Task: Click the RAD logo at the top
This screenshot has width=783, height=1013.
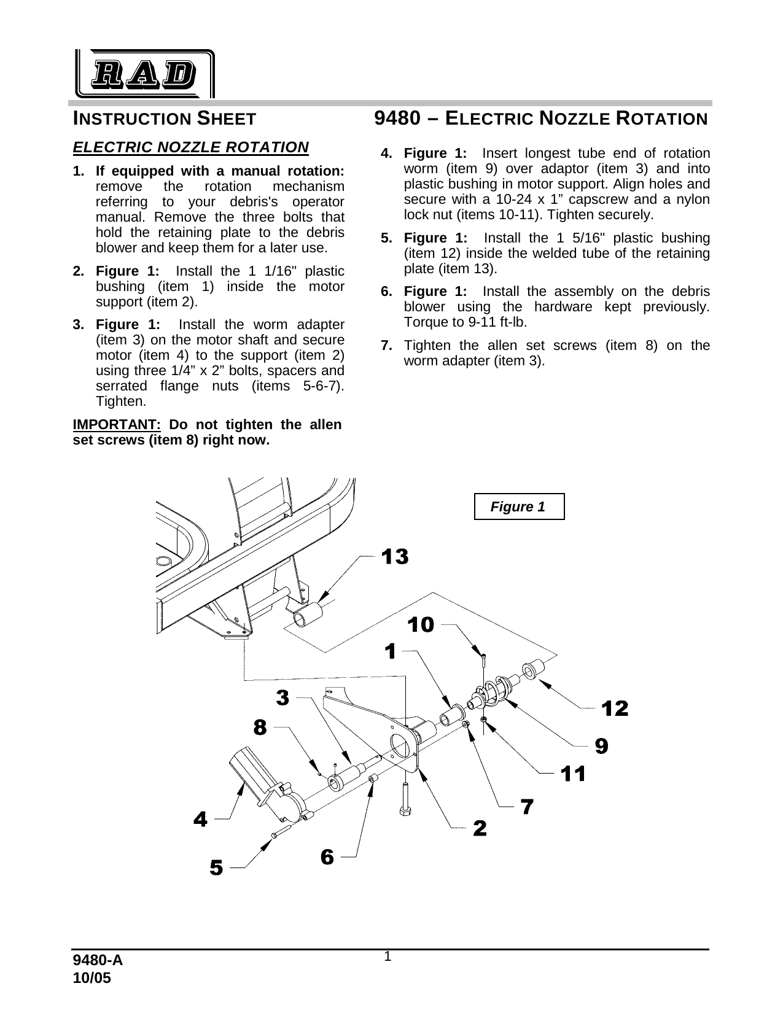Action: (x=145, y=74)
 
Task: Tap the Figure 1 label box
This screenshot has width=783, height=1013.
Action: (x=519, y=506)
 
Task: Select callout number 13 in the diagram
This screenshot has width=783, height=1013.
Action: (x=395, y=557)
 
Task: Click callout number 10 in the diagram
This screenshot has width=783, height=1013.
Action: (x=422, y=625)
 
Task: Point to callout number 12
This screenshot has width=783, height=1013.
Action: (x=615, y=708)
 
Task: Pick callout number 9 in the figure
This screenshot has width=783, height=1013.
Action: (x=601, y=746)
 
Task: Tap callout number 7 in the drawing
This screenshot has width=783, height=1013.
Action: (x=527, y=806)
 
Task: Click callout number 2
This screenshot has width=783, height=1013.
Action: (x=480, y=828)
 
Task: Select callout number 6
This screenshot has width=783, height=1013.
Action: (x=327, y=856)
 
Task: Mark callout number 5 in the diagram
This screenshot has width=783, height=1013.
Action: (x=216, y=868)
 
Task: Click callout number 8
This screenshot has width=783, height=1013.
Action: (x=260, y=728)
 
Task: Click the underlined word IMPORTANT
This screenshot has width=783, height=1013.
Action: (x=117, y=425)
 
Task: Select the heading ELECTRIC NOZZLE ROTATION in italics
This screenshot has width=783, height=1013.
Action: (x=190, y=147)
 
